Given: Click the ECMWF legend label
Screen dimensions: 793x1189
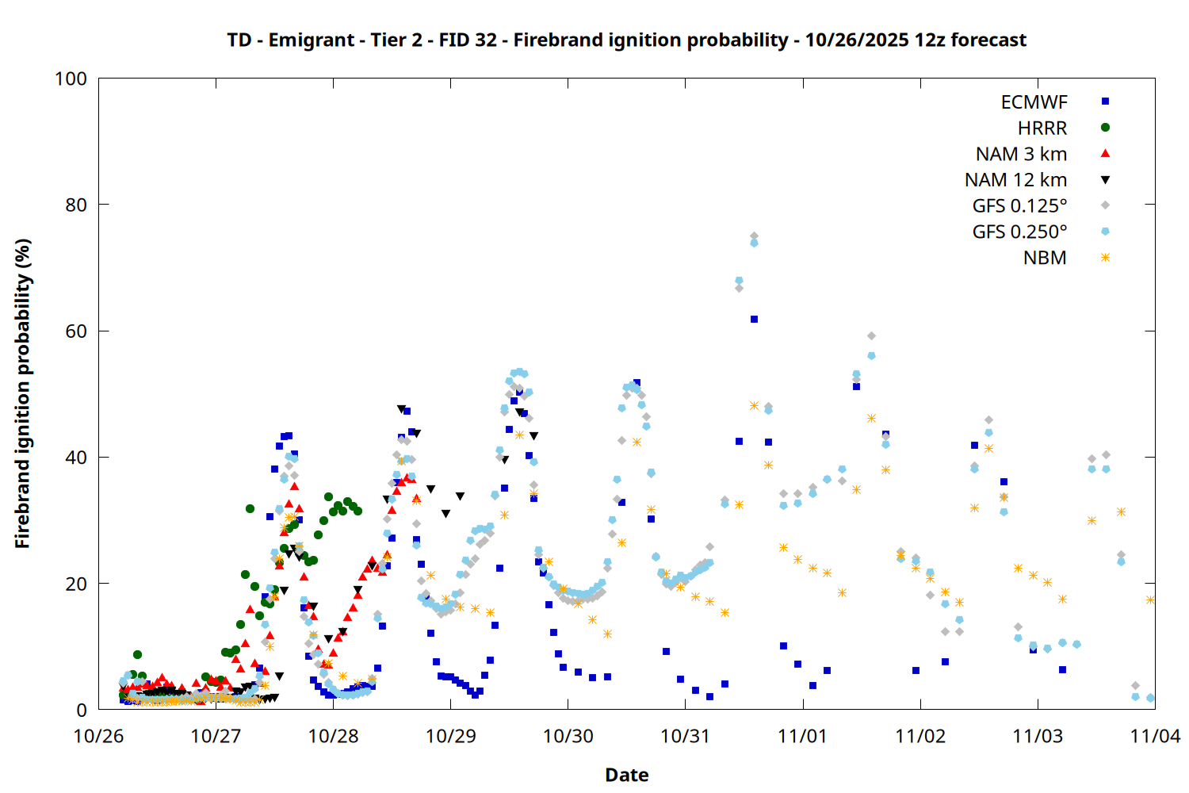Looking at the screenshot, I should click(1034, 102).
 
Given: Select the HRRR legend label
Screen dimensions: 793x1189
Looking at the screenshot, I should click(1042, 128).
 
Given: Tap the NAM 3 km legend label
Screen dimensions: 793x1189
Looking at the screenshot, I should click(1021, 155).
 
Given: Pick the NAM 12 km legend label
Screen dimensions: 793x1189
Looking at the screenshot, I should click(1015, 181).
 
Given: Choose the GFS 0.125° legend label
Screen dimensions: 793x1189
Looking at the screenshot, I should click(1019, 206).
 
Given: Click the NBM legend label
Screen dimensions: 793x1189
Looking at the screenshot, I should click(1045, 259).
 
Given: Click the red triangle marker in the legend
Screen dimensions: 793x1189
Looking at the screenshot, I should click(1105, 154).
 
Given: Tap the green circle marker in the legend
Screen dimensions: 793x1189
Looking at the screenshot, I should click(1105, 128).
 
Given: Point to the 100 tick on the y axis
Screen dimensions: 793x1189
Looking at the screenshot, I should click(71, 79).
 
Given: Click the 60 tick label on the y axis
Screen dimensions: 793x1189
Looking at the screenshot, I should click(76, 331).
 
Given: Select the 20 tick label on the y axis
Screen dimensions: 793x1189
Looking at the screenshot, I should click(76, 584).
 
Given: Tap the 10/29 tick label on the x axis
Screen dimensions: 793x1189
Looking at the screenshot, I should click(450, 737).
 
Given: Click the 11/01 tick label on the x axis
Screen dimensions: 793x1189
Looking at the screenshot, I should click(803, 737).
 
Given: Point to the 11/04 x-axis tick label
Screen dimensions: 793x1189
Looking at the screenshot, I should click(1155, 737).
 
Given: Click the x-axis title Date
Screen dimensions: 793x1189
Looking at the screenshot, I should click(626, 776).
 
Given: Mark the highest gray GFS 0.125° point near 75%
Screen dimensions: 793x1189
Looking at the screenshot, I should click(754, 236).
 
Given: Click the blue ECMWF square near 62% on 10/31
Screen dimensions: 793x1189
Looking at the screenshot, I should click(754, 320).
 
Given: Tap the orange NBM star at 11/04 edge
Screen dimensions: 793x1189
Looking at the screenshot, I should click(1150, 600).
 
